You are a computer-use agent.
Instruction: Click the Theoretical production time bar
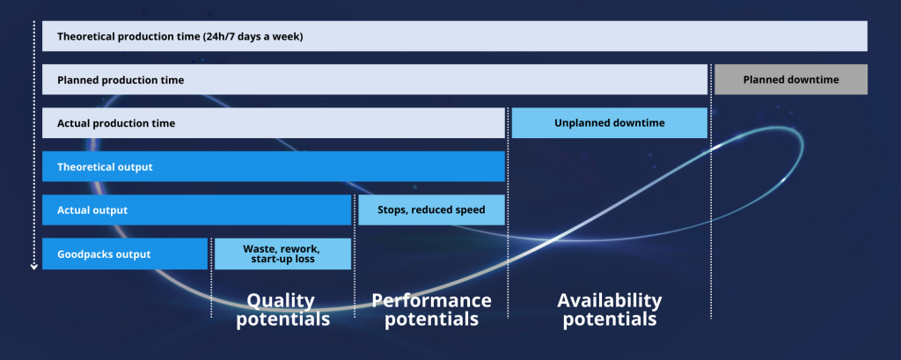pos(454,36)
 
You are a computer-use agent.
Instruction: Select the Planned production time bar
pos(375,79)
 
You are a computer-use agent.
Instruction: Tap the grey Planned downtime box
pos(790,79)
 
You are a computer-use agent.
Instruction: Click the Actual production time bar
pos(273,123)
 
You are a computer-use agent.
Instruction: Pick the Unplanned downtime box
pos(609,123)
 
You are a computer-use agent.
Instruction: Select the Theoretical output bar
pos(273,166)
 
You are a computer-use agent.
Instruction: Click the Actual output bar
pos(196,209)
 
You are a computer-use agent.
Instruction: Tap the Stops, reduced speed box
pos(431,209)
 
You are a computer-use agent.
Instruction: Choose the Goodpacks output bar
pos(124,253)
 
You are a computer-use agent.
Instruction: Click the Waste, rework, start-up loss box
pos(282,253)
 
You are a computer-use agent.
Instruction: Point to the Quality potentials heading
pos(282,309)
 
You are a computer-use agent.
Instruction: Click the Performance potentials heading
pos(431,309)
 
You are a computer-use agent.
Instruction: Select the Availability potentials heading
pos(609,309)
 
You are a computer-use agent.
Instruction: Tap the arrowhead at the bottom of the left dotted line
pos(33,266)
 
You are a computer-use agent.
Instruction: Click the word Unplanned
pos(583,123)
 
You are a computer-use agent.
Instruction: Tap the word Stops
pos(394,210)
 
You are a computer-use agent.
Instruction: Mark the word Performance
pos(431,300)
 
